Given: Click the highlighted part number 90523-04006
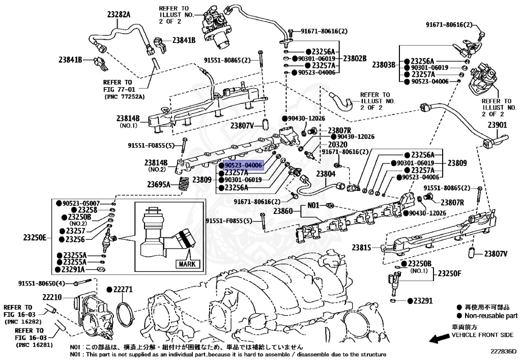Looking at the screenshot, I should pos(243,165).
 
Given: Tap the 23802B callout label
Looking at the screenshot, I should pos(355,59).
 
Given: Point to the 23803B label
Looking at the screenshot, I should pos(384,65).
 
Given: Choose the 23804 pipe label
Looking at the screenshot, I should pos(326,174).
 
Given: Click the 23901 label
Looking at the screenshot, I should pos(498,125).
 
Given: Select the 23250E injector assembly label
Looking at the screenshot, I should pos(35,237).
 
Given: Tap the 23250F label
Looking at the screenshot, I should pos(449,273).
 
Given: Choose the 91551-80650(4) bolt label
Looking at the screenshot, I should pos(42,283).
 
